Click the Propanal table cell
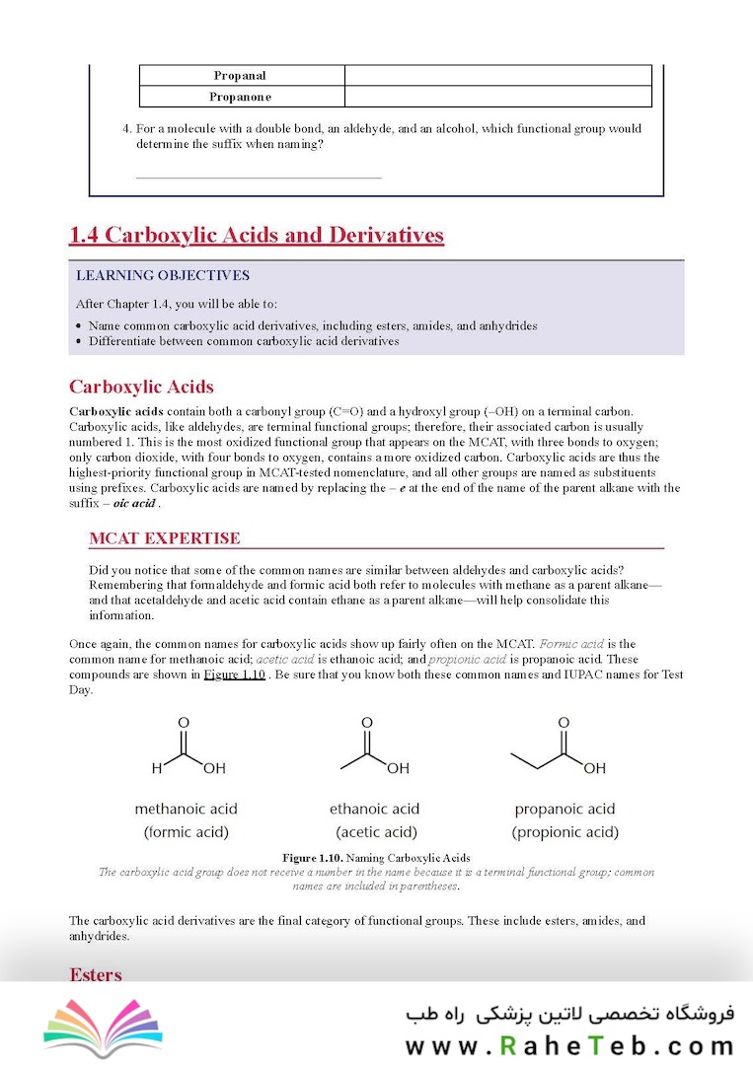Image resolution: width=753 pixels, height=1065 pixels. [241, 76]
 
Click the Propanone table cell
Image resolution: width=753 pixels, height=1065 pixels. [241, 97]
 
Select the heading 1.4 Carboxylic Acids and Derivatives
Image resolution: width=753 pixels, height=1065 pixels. [257, 235]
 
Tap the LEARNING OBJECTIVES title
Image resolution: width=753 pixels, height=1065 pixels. [163, 276]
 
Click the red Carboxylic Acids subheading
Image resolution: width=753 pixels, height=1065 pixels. [141, 387]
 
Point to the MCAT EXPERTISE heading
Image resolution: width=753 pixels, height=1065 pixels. [164, 538]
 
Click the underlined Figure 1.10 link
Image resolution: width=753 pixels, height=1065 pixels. [234, 674]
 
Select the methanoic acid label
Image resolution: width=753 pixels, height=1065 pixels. [187, 809]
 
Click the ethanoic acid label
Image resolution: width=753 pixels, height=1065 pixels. [375, 809]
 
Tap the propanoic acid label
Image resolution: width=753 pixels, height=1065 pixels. [565, 809]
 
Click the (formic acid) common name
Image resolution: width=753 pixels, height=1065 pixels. [187, 832]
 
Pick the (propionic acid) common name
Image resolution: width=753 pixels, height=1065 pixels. [565, 832]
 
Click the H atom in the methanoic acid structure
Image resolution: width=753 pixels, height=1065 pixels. [156, 768]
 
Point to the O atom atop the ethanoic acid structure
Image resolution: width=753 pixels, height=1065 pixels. [367, 723]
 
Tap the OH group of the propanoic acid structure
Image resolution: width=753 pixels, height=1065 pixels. [595, 768]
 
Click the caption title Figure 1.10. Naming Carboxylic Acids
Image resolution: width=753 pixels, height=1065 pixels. [376, 858]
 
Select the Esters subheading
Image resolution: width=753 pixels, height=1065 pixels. [96, 975]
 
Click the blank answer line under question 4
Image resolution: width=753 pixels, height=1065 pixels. [258, 177]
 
